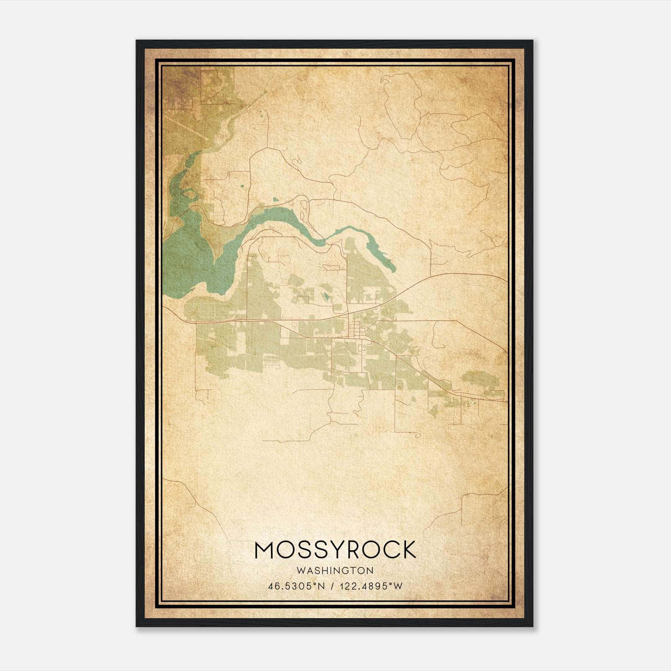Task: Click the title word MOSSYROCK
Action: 335,550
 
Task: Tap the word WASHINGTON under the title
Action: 335,570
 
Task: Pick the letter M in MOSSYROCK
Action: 264,550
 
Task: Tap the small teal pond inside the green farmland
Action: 326,297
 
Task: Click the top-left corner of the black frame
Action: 137,41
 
